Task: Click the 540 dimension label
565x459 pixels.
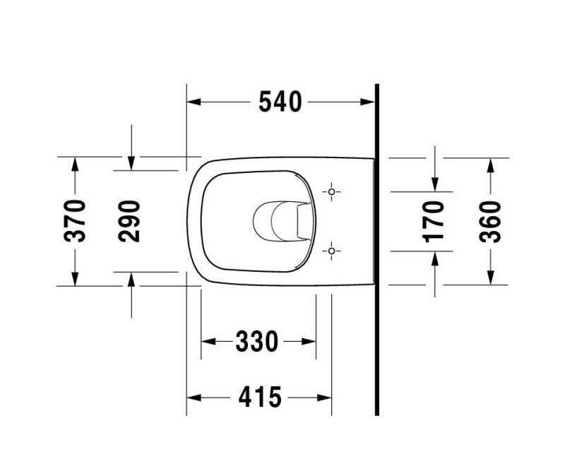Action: pos(280,102)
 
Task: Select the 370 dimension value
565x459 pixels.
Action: pos(76,221)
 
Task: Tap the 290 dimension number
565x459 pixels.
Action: pos(130,221)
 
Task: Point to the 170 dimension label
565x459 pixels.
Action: pos(434,221)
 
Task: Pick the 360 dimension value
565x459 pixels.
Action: pos(489,221)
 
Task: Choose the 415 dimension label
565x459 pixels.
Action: pos(258,398)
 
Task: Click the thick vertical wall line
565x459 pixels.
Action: pos(377,247)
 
